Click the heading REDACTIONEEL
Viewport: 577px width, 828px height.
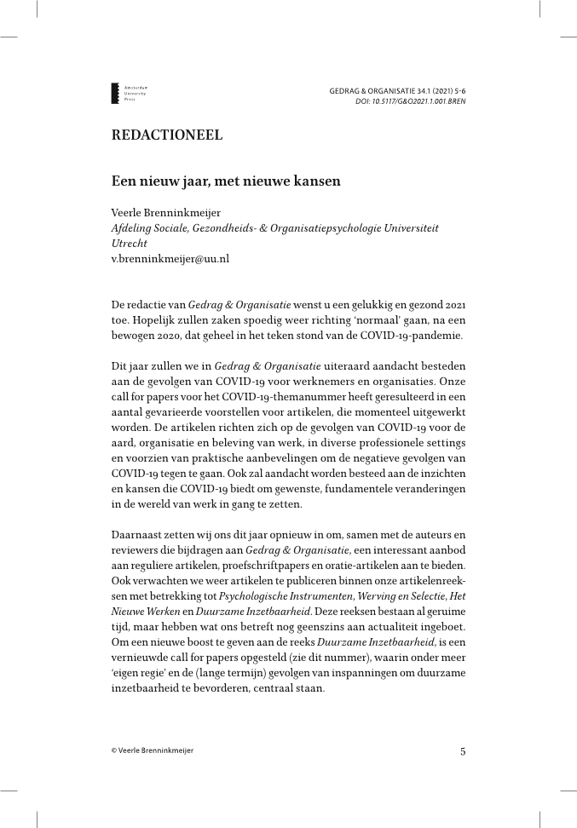[x=167, y=135]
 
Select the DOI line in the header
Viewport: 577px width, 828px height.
[x=410, y=101]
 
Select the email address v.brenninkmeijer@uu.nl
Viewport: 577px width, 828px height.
[x=170, y=257]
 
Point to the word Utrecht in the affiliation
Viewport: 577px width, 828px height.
[x=130, y=243]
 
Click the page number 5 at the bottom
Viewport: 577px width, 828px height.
[x=463, y=750]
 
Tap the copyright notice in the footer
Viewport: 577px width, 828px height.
[x=153, y=750]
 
